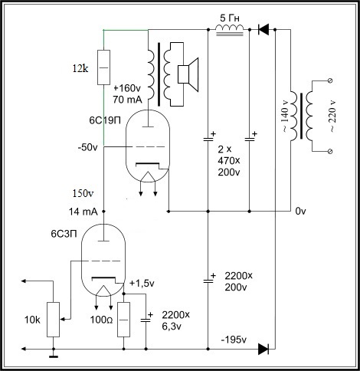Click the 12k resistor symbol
pos(104,67)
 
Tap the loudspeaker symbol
pos(188,74)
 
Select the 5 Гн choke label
pos(230,18)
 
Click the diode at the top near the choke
pos(263,29)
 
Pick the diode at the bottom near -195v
pos(263,349)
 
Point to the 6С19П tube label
pos(105,120)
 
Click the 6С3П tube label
pos(64,234)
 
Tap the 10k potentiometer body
pos(53,320)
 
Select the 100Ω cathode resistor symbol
pos(123,320)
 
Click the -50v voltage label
pos(87,147)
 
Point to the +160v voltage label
pos(127,88)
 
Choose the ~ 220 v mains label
pos(332,116)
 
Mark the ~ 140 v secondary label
pos(284,116)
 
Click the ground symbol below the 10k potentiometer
pos(54,356)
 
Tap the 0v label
pos(300,212)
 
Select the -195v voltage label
pos(234,340)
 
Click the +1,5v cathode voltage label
pos(142,284)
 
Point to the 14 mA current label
pos(83,212)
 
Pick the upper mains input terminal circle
pos(329,80)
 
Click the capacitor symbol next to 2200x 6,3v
pos(146,320)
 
